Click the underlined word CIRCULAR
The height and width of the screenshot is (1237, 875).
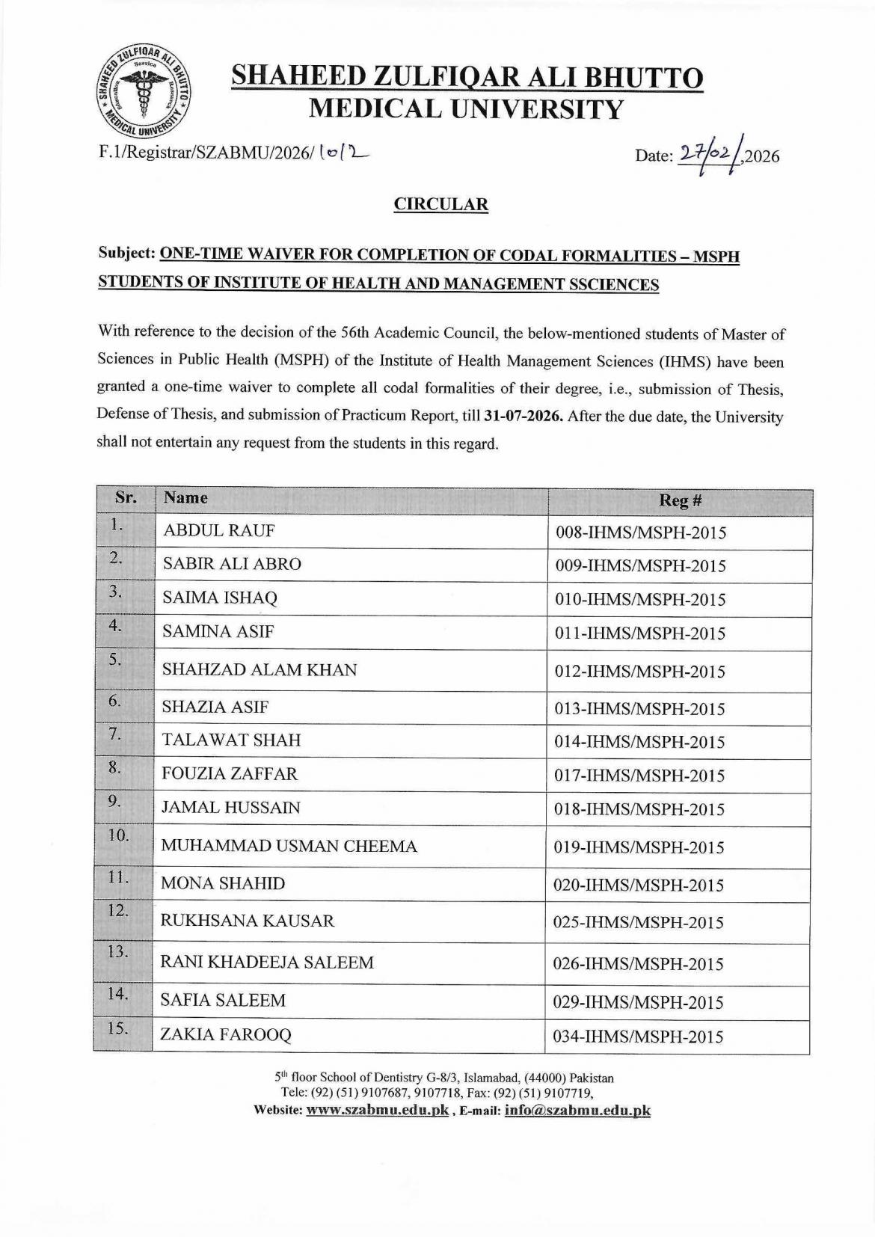pos(441,204)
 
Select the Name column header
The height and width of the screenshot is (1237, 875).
pos(185,498)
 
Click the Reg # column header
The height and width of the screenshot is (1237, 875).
pos(679,500)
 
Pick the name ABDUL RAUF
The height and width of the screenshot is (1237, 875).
pos(219,531)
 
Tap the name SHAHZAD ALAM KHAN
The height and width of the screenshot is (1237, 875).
pos(260,670)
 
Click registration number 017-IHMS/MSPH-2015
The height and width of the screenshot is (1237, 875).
pos(639,776)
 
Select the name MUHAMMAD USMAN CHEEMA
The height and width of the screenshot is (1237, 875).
pos(289,847)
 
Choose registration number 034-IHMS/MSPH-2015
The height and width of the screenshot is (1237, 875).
pos(638,1037)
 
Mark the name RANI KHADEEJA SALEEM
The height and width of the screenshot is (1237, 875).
pos(267,963)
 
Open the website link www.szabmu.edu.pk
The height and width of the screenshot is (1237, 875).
pos(378,1111)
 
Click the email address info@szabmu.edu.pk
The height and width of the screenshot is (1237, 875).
pos(577,1111)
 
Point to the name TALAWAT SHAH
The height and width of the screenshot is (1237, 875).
pos(231,740)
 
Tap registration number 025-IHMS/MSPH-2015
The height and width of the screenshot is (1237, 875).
pos(638,922)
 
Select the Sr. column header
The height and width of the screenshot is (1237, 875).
pos(125,497)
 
